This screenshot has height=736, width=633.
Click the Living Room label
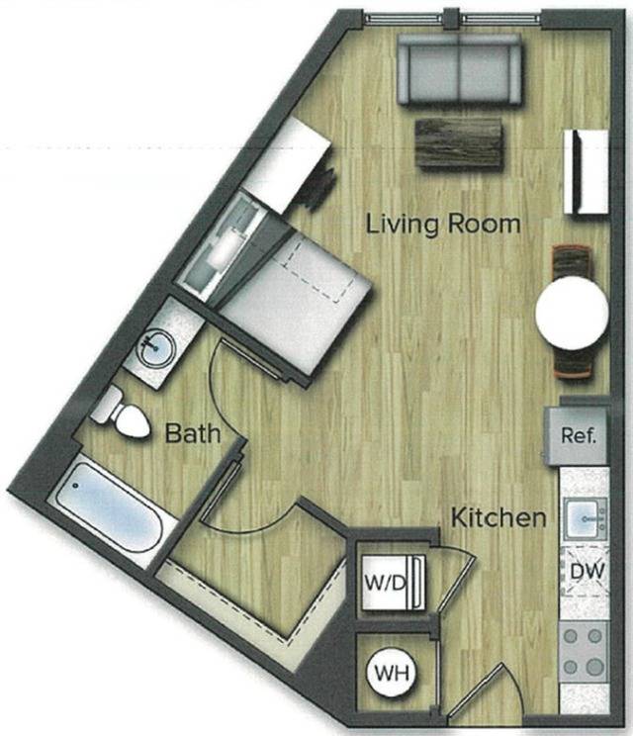tap(442, 224)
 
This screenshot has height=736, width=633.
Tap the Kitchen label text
tap(498, 517)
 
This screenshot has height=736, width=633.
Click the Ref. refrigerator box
tap(578, 435)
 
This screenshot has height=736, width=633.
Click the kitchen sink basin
tap(582, 517)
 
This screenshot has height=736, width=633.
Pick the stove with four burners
tap(583, 650)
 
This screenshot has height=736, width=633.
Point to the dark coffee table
tap(457, 142)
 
